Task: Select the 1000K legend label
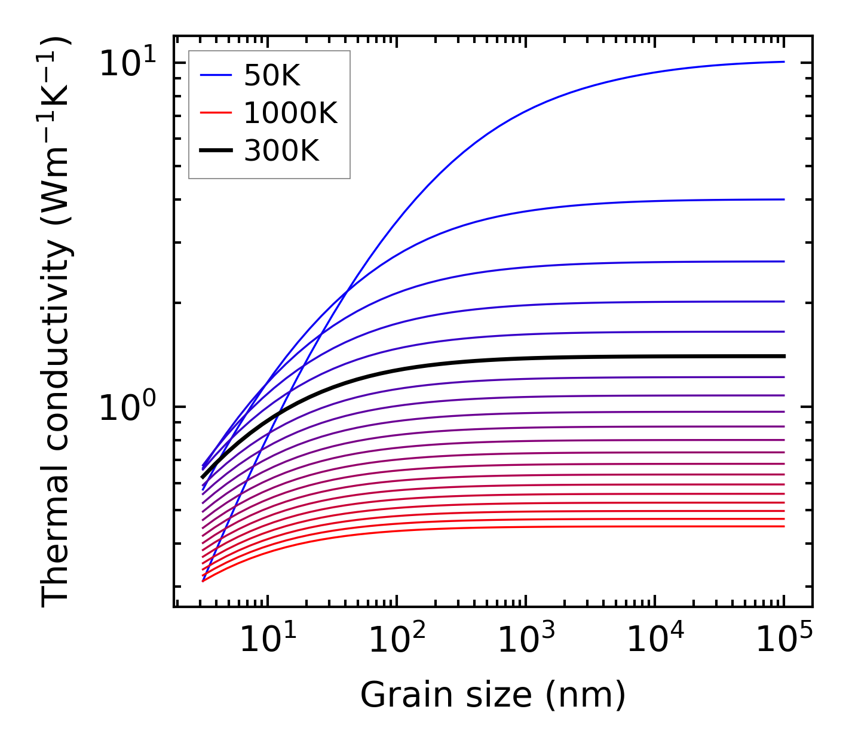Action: [290, 113]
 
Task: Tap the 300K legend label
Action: [281, 151]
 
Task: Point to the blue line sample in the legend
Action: [215, 75]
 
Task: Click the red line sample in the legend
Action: [215, 113]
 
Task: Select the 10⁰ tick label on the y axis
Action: [127, 407]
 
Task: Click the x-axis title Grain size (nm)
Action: [493, 695]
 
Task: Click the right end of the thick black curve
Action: [783, 356]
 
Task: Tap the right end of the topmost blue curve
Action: [783, 62]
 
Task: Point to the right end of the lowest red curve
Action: [783, 526]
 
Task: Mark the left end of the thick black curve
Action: [203, 477]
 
